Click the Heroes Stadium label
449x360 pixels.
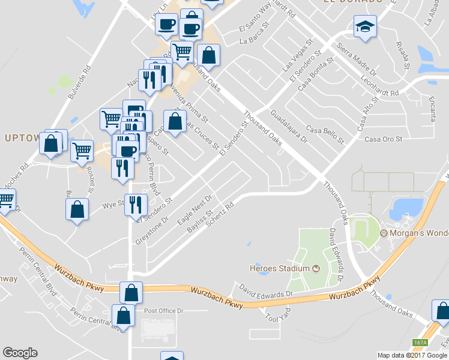(x=280, y=268)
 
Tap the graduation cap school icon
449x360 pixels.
(x=364, y=28)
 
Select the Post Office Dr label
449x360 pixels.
(x=167, y=311)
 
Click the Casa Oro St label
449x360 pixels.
(x=382, y=139)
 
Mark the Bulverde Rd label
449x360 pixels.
(x=79, y=82)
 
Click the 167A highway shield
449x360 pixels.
(x=420, y=343)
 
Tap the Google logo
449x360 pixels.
(x=20, y=353)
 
